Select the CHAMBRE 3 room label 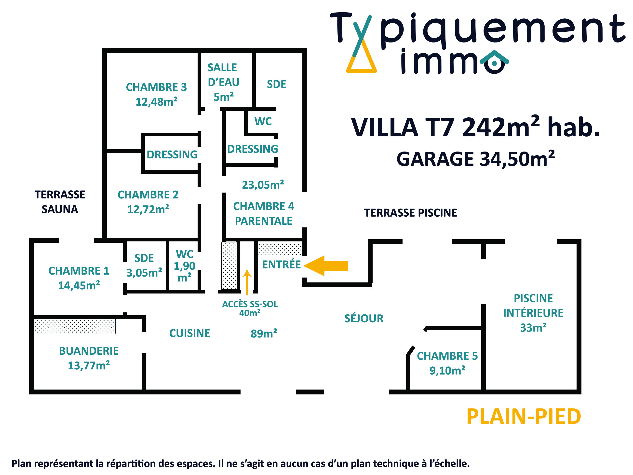(156, 87)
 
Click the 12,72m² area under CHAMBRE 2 (148, 209)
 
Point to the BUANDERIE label (89, 351)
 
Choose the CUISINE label (189, 333)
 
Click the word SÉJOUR (364, 318)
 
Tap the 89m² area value (264, 334)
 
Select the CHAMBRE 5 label (447, 356)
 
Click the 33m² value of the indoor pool (533, 328)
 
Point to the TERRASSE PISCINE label (410, 213)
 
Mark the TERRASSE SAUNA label (60, 202)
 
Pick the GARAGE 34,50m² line (475, 159)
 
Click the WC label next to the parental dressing (263, 121)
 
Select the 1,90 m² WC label (185, 266)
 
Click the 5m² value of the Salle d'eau (224, 97)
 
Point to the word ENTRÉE (281, 264)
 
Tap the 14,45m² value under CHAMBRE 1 (79, 285)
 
